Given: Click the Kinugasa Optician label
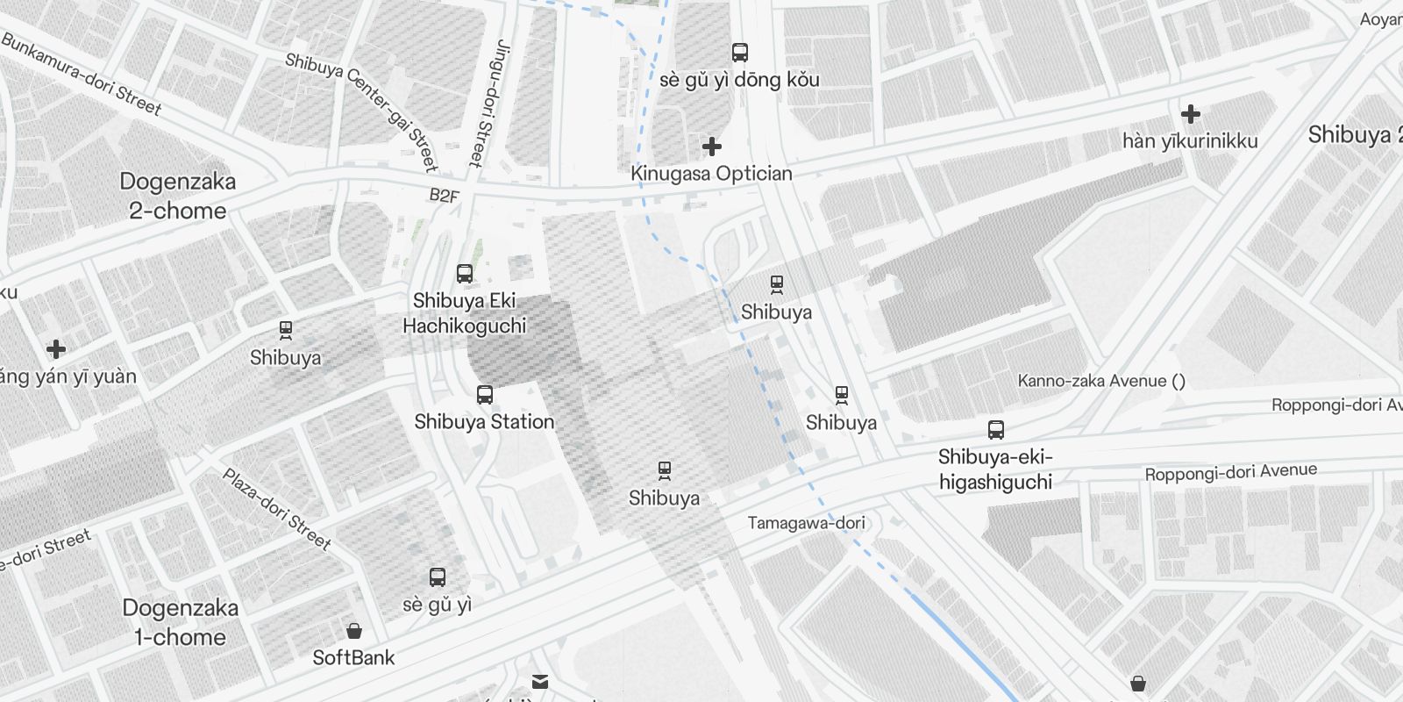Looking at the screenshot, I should (711, 174).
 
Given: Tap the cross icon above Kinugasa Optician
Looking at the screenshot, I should (712, 146).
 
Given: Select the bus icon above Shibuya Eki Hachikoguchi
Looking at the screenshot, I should (465, 273).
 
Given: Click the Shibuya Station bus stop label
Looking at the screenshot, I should (484, 422).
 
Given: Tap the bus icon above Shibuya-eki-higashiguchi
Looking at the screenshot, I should (995, 429).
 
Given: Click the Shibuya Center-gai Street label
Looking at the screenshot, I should (361, 109).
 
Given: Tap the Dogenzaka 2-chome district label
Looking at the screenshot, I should (178, 197).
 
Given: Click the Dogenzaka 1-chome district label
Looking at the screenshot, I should (180, 622).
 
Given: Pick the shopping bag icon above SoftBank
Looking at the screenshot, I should (354, 631).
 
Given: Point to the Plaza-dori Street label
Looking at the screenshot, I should (276, 510).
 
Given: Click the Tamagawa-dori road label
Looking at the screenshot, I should (806, 523).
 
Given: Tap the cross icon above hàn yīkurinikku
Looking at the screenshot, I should (1190, 113).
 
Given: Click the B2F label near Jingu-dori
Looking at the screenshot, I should (444, 196).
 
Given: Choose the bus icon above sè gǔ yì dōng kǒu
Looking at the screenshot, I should (740, 52).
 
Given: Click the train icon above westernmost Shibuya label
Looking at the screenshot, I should (285, 330).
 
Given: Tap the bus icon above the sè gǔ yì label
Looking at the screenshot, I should (438, 577).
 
